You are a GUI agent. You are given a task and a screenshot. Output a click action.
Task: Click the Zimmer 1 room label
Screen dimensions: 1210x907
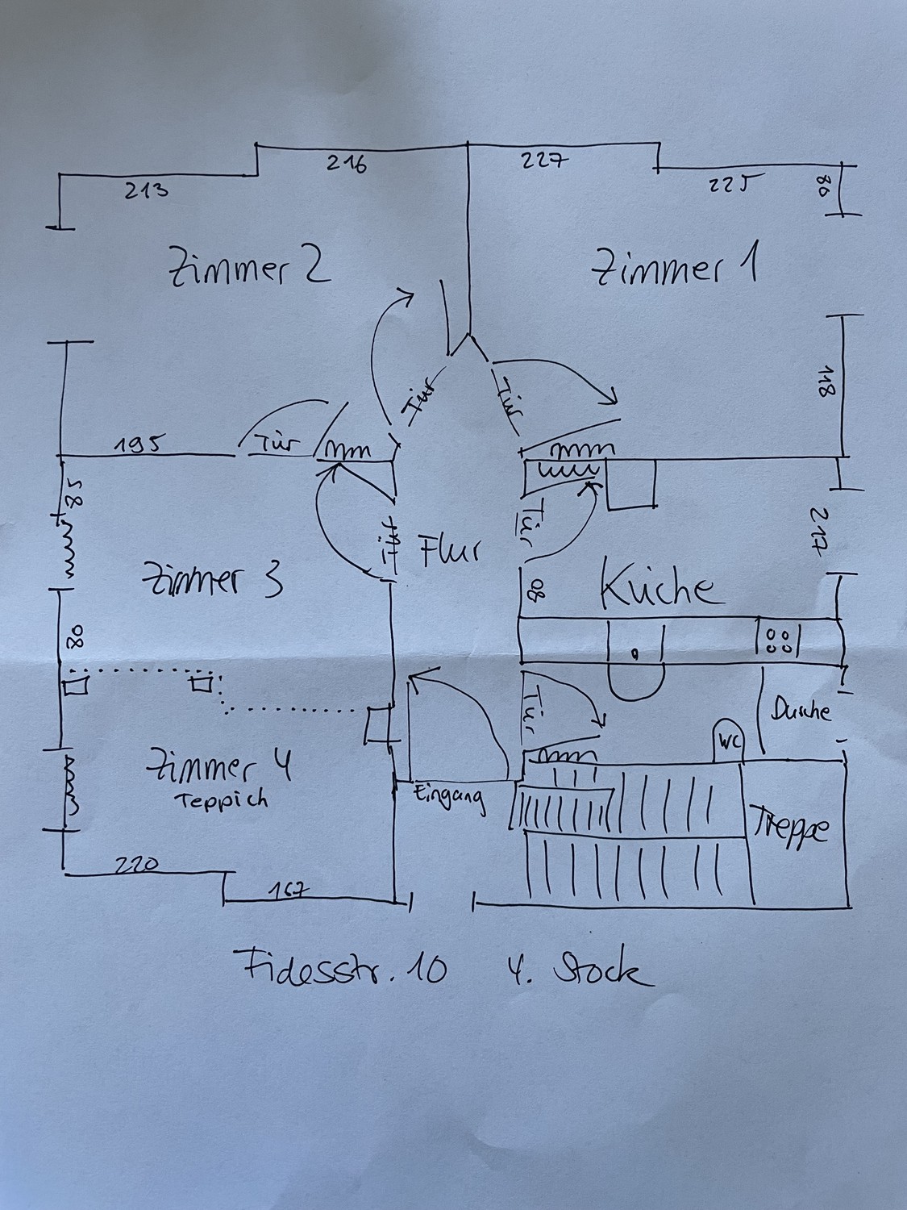676,268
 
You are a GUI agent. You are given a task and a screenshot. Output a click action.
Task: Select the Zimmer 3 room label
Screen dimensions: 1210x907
212,578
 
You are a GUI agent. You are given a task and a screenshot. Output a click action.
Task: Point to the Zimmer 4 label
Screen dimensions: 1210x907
218,766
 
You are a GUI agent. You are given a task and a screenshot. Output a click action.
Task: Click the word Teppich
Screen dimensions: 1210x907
218,801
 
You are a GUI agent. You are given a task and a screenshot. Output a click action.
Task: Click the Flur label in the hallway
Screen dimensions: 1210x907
450,552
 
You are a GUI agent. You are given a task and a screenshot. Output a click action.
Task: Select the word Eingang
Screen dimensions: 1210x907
450,797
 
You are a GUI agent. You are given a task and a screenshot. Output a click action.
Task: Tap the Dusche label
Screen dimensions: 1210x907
801,711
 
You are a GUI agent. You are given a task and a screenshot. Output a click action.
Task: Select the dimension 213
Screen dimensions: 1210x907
147,191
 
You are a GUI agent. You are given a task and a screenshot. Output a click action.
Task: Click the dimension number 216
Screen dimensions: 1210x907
347,163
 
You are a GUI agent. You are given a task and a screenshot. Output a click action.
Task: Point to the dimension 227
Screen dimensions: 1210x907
545,160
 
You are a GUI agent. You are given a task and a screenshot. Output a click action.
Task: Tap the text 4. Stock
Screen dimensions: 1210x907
576,970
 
